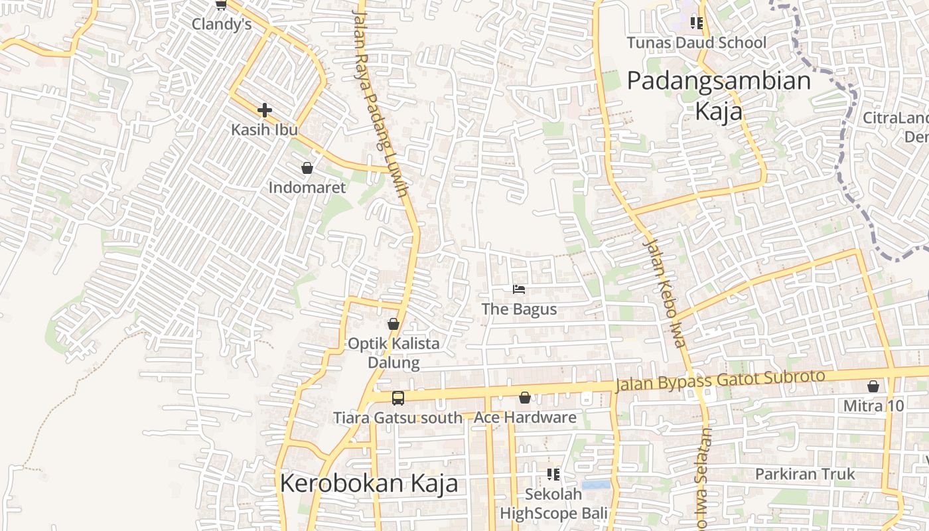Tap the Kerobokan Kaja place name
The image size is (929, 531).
(x=369, y=483)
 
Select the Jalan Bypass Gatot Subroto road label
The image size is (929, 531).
(x=720, y=380)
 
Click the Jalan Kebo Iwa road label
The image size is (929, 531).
(x=663, y=293)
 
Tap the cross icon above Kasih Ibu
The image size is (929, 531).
(x=265, y=110)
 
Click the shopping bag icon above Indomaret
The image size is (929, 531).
(x=307, y=168)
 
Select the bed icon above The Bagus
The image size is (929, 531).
(x=519, y=289)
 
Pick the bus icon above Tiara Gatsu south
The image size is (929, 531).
(x=397, y=398)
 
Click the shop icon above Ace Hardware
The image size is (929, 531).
(x=525, y=398)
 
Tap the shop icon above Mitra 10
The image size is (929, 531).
(x=873, y=386)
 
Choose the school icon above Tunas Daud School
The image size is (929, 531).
(x=696, y=23)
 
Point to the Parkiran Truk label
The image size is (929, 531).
(x=806, y=475)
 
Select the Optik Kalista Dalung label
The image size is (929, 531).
(x=394, y=353)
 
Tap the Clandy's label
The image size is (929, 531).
(x=222, y=25)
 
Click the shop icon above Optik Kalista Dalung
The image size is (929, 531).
(x=393, y=324)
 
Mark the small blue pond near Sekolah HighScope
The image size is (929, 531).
(x=595, y=485)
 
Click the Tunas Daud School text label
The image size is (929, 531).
(x=697, y=43)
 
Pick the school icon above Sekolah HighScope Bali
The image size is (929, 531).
(x=553, y=475)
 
